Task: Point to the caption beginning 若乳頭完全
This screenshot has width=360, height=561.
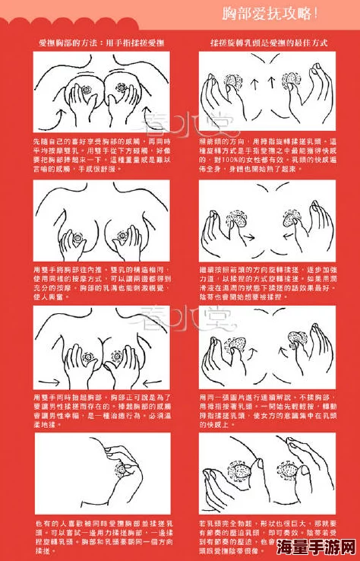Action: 267,537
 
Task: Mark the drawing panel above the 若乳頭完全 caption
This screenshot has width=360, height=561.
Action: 267,473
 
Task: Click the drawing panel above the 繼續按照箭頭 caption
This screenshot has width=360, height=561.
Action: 267,220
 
